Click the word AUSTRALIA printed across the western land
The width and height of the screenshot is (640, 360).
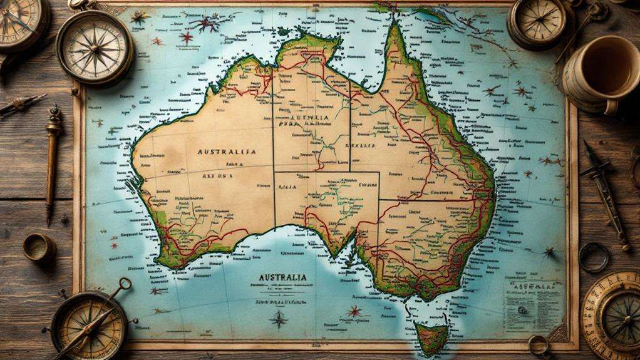coord(226,152)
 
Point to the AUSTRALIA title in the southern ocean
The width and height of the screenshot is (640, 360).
coord(282,277)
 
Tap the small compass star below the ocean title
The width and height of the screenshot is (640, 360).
coord(278,319)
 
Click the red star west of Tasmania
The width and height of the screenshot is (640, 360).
coord(355,310)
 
